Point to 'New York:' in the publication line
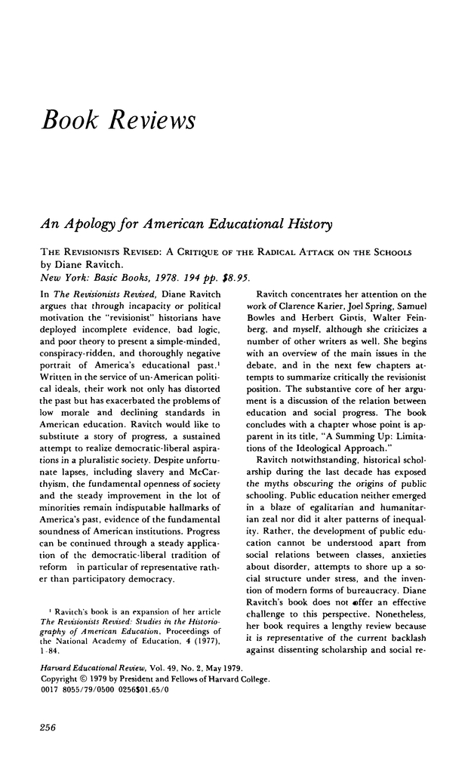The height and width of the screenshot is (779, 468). click(62, 278)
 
